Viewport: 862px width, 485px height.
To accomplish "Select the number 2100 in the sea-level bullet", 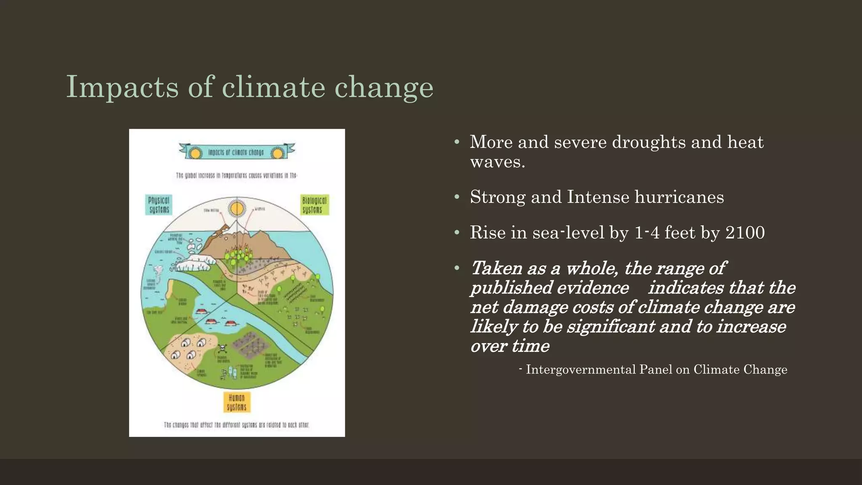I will pyautogui.click(x=745, y=232).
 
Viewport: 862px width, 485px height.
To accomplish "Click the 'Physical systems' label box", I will pyautogui.click(x=159, y=205).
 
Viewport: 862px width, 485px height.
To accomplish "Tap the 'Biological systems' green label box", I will pyautogui.click(x=314, y=205).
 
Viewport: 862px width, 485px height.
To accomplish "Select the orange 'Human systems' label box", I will pyautogui.click(x=237, y=402).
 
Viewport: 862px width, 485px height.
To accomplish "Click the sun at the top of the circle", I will pyautogui.click(x=237, y=208).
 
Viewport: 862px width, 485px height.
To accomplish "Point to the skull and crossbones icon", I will pyautogui.click(x=222, y=349).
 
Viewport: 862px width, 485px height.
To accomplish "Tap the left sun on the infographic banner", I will pyautogui.click(x=194, y=153).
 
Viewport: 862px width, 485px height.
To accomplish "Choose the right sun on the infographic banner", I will pyautogui.click(x=277, y=153).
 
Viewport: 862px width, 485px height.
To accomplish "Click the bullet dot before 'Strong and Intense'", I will pyautogui.click(x=457, y=197).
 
